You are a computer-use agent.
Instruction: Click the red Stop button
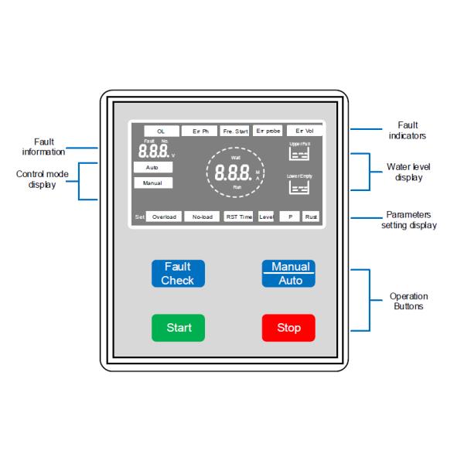(288, 328)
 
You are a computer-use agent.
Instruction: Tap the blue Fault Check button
(178, 274)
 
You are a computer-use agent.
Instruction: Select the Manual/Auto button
(288, 274)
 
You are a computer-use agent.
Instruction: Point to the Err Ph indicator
(199, 131)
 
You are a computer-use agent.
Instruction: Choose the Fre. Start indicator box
(235, 131)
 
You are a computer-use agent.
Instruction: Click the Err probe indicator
(268, 131)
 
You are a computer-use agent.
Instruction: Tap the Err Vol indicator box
(304, 131)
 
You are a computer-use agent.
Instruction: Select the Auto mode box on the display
(153, 167)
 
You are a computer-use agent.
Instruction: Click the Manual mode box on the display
(153, 183)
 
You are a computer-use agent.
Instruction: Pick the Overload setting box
(163, 217)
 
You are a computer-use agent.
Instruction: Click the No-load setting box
(202, 217)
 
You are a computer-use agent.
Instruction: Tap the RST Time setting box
(237, 217)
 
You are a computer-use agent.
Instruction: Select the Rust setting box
(311, 217)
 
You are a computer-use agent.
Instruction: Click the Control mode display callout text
(43, 179)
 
